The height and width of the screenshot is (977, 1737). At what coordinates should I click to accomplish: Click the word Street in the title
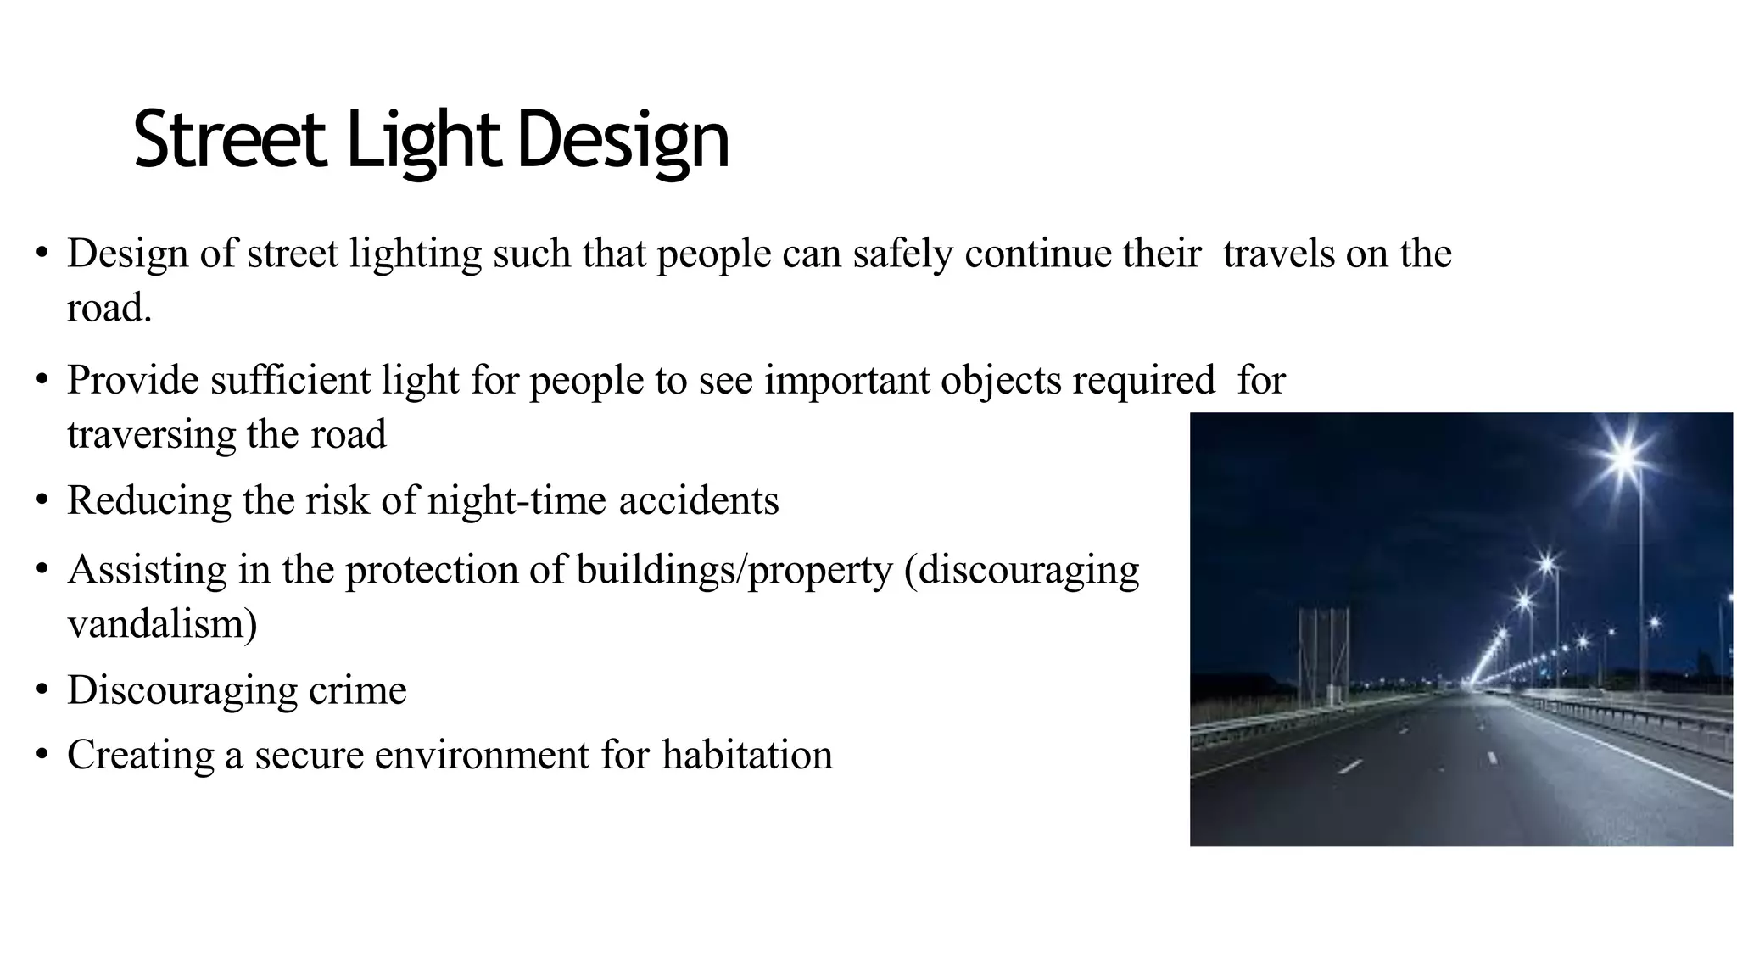[229, 140]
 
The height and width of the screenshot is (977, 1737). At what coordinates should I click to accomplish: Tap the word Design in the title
[623, 140]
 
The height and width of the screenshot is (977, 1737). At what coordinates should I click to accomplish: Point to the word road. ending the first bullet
[109, 308]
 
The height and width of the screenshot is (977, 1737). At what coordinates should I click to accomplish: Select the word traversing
[152, 434]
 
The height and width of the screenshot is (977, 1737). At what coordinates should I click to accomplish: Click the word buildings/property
[734, 570]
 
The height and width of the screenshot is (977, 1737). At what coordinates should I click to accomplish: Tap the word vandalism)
[162, 624]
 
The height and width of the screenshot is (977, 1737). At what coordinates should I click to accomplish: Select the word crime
[357, 689]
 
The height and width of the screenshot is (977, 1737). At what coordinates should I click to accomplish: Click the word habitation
[747, 755]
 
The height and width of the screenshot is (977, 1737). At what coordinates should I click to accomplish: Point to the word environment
[482, 755]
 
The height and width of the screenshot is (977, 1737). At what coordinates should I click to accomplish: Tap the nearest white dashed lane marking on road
[1349, 767]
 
